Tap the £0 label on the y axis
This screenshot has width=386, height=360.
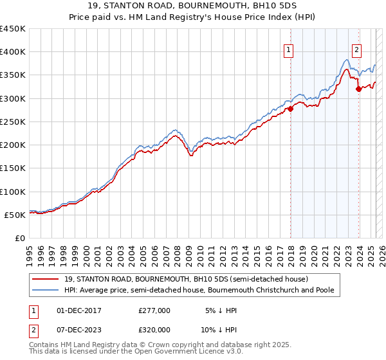coord(20,238)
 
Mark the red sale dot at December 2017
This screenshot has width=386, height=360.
coord(290,109)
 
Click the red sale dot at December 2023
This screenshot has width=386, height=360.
coord(358,89)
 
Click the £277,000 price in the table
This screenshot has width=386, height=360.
coord(154,310)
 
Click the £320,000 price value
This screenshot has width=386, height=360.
coord(154,328)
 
